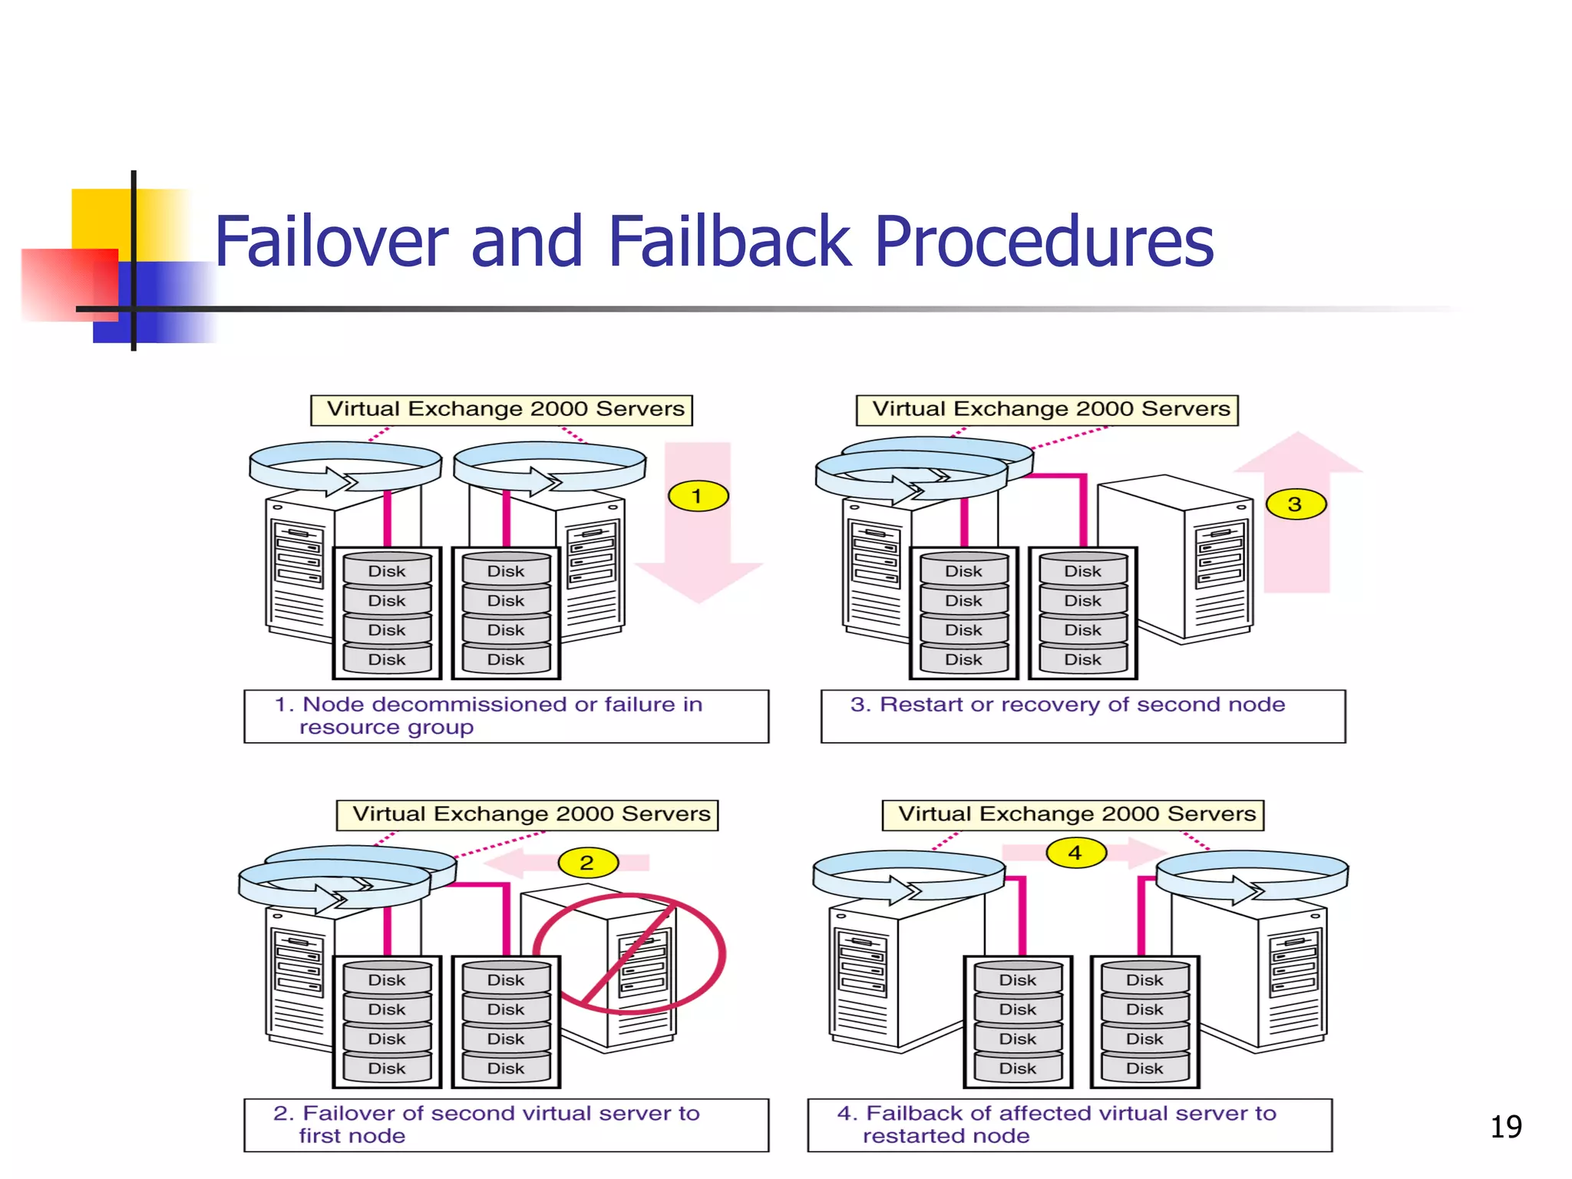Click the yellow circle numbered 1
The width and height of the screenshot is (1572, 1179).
coord(697,496)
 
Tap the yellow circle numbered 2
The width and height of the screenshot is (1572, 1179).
coord(587,862)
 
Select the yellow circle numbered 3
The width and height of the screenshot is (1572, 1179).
coord(1295,504)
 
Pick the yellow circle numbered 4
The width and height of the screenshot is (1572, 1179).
coord(1075,853)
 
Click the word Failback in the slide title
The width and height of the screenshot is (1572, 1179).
coord(729,242)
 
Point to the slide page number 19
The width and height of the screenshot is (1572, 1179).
coord(1505,1127)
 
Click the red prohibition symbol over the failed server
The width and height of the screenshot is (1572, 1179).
coord(629,953)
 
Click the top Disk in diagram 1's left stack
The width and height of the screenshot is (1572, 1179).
coord(387,571)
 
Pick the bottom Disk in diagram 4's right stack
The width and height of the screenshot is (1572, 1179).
coord(1144,1068)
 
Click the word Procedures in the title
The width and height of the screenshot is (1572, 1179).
coord(1044,242)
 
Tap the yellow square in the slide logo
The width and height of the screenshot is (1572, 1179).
coord(100,219)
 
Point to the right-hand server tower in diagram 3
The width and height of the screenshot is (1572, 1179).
coord(1182,560)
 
